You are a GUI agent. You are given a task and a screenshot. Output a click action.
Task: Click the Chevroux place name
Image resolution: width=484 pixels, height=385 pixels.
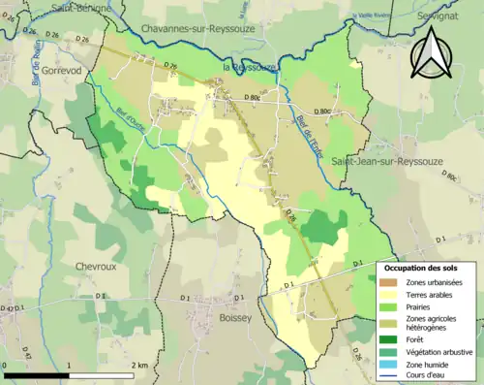(97, 265)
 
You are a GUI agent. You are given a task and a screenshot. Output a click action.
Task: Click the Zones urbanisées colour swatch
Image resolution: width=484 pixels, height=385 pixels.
(390, 282)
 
